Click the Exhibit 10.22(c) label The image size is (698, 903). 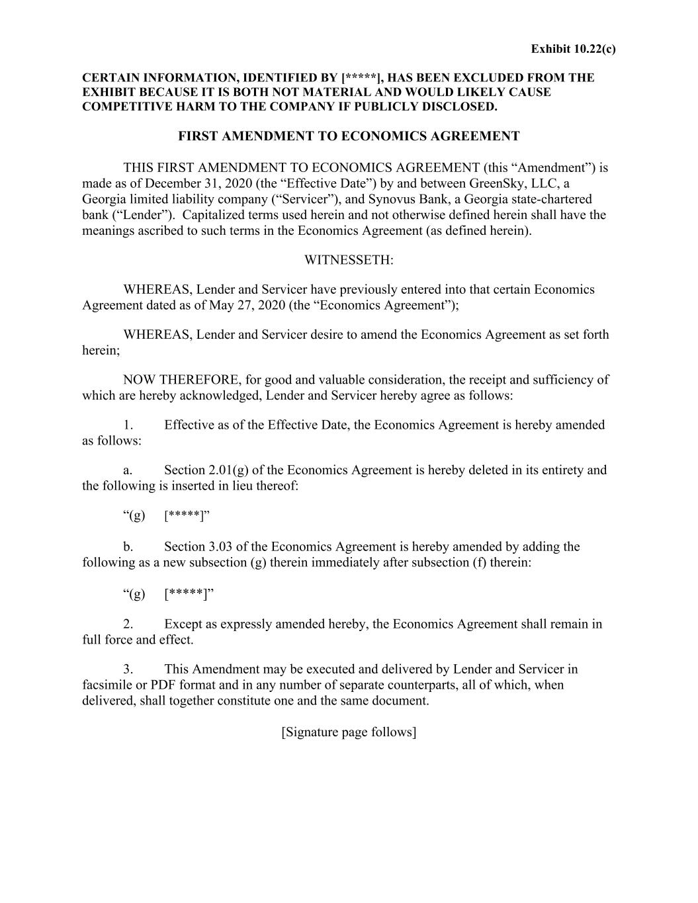(573, 49)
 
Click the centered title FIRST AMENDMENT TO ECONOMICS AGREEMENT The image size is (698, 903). (349, 136)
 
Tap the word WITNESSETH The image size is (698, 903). (349, 260)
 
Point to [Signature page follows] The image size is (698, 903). (349, 732)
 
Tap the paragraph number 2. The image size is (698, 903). (128, 624)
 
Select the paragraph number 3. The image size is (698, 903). (128, 669)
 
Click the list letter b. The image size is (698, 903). (128, 546)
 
